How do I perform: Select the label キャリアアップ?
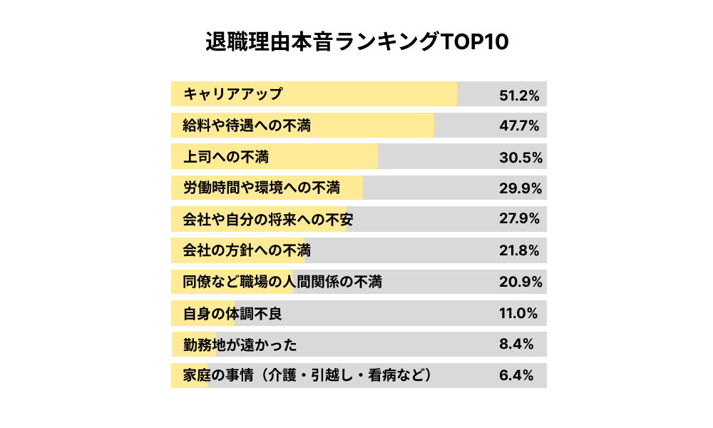coord(233,94)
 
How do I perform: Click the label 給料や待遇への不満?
coord(247,126)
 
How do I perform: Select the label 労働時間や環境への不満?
coord(261,188)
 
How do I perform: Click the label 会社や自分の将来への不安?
coord(268,220)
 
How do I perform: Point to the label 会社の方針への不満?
coord(247,250)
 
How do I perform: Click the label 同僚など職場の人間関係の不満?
coord(282,282)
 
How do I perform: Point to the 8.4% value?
coord(516,345)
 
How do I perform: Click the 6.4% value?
coord(516,376)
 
